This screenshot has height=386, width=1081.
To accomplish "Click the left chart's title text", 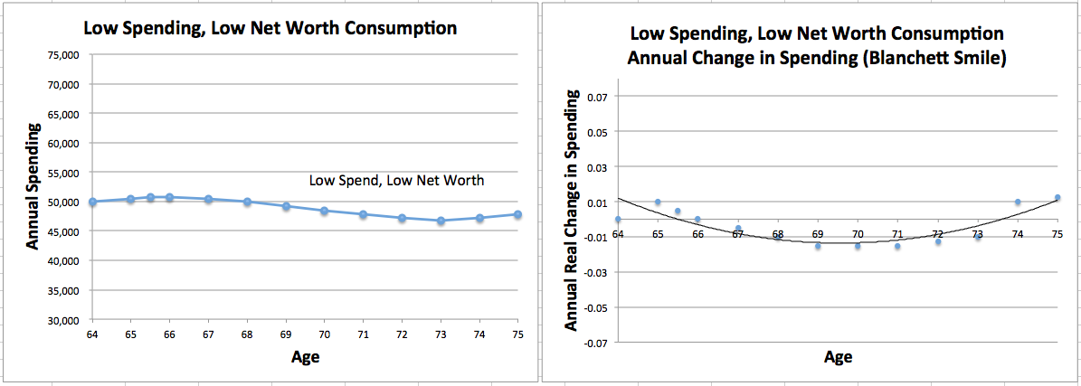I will [x=270, y=27].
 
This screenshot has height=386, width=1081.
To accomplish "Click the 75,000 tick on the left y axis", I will [x=64, y=55].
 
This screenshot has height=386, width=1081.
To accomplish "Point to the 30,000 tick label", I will [x=64, y=320].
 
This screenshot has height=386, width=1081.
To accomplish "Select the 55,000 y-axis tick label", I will [x=64, y=173].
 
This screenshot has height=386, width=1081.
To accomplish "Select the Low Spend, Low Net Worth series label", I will [x=396, y=181].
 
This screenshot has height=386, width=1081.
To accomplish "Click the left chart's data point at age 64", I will [x=92, y=202].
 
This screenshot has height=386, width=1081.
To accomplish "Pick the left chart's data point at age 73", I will [x=441, y=221].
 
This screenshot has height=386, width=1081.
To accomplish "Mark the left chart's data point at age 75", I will [x=517, y=214].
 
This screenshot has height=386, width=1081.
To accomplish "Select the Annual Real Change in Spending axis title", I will [x=572, y=210].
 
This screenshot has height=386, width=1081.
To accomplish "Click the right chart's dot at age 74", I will [x=1018, y=202].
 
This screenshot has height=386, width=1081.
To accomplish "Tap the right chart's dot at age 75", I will [x=1057, y=197].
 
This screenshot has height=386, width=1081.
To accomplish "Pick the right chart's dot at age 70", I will [x=858, y=246].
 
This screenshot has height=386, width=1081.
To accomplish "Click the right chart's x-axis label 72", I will [x=938, y=235].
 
